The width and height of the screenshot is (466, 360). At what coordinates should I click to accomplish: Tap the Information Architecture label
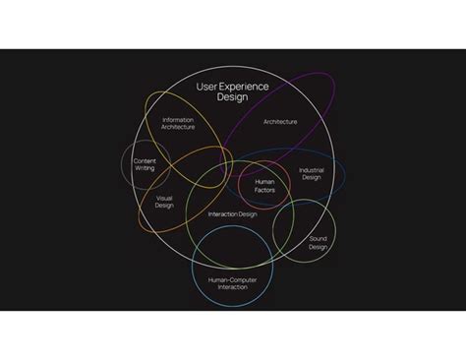(178, 123)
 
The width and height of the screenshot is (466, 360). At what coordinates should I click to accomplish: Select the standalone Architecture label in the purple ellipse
(280, 122)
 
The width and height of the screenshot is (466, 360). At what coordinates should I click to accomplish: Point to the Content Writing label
(145, 164)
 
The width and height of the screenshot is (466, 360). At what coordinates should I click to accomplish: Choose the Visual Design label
(164, 202)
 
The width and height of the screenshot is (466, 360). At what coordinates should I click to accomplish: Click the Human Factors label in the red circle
(264, 185)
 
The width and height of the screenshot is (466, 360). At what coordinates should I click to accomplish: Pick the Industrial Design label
(311, 174)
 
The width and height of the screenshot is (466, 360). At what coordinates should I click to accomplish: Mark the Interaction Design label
(233, 213)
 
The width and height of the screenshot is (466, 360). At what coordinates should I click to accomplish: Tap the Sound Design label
(318, 243)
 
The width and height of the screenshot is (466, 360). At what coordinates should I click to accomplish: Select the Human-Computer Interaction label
(233, 282)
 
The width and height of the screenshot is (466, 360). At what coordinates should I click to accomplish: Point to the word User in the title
(206, 87)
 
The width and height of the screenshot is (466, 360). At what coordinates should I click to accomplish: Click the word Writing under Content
(145, 168)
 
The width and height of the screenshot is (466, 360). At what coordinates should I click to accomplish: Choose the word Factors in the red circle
(264, 189)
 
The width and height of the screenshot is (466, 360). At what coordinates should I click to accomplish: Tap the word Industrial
(311, 170)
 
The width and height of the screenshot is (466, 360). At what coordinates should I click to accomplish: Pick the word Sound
(318, 239)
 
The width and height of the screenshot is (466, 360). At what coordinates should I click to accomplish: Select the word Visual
(164, 198)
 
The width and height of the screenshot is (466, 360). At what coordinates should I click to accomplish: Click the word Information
(178, 119)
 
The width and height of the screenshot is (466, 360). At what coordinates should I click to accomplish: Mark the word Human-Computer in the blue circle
(233, 278)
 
